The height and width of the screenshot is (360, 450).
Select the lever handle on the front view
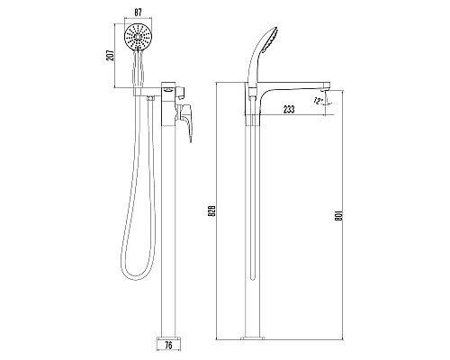[x=188, y=120]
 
